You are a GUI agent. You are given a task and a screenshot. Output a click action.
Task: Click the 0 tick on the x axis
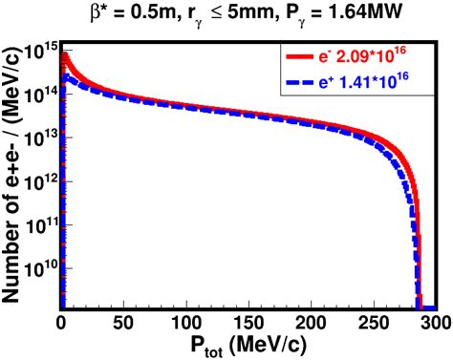pyautogui.click(x=60, y=322)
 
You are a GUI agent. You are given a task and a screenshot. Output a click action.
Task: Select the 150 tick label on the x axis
pyautogui.click(x=248, y=322)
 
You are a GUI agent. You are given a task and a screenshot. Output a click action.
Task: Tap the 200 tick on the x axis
pyautogui.click(x=311, y=322)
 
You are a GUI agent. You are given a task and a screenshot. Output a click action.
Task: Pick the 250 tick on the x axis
pyautogui.click(x=374, y=322)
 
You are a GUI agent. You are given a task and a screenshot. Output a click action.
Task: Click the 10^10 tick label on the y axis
pyautogui.click(x=41, y=271)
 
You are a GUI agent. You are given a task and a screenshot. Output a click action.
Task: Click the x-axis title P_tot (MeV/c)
pyautogui.click(x=247, y=346)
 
